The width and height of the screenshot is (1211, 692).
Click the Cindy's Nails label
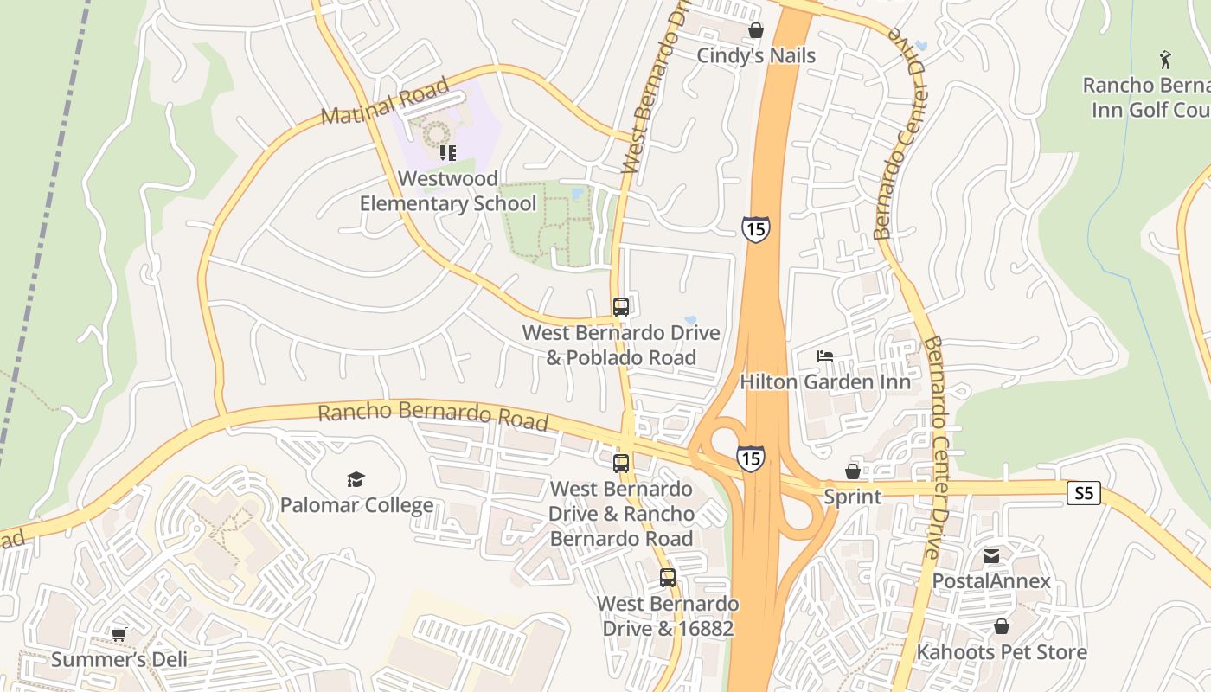tap(756, 55)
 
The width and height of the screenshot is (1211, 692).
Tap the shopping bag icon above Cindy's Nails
tap(756, 31)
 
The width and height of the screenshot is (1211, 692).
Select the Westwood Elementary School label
tap(447, 191)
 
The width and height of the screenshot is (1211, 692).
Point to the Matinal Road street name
tap(386, 102)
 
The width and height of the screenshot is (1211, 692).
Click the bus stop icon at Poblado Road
tap(620, 306)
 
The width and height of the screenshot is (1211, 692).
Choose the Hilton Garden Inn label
tap(824, 381)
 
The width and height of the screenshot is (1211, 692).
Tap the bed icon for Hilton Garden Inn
tap(824, 356)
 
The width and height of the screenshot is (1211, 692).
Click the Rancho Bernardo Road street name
tap(432, 415)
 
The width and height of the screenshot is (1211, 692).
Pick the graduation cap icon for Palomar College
tap(356, 479)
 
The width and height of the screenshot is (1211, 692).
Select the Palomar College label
tap(356, 505)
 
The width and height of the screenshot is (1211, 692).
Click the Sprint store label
tap(852, 497)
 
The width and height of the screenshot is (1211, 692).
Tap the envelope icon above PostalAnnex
tap(991, 555)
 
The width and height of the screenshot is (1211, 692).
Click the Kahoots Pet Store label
tap(1001, 651)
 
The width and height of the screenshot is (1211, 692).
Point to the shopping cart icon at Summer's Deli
tap(119, 635)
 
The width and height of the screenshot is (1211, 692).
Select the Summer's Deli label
tap(119, 660)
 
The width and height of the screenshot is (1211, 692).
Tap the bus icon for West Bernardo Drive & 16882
tap(667, 577)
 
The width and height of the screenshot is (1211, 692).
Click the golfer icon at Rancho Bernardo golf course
tap(1165, 60)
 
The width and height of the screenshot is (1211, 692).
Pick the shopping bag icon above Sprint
tap(852, 471)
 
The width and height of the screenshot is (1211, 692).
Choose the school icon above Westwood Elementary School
tap(447, 153)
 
